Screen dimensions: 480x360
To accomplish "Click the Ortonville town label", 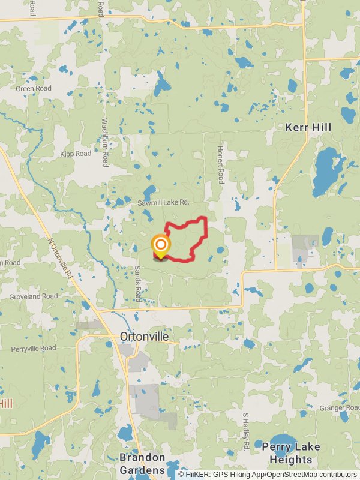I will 144,337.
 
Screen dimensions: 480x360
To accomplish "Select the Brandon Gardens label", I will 142,464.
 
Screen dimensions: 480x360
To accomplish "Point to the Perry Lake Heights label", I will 290,454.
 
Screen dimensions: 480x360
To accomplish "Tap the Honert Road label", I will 220,164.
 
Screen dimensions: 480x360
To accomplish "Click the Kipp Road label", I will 76,154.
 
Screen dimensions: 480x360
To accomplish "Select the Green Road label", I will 34,89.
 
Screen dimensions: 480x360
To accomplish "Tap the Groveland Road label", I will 34,296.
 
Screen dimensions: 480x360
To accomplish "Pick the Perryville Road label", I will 34,348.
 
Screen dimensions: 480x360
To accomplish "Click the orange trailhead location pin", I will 160,245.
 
